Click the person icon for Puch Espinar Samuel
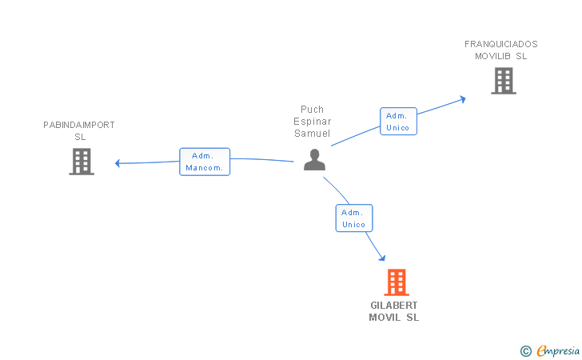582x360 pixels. pos(315,160)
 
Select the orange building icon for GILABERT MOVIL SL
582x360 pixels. pos(397,282)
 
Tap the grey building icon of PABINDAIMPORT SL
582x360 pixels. pos(82,162)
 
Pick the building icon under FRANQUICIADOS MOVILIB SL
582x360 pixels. pos(503,81)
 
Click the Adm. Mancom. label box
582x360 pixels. pos(205,162)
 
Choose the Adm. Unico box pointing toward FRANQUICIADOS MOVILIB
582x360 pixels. pos(397,122)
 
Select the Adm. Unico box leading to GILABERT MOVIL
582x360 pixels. pos(353,218)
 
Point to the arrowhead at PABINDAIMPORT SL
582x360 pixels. pos(118,163)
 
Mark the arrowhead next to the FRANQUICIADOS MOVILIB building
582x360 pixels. pos(462,99)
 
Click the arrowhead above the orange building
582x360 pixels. pos(382,258)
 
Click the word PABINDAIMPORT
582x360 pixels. pos(79,125)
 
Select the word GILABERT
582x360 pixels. pos(394,306)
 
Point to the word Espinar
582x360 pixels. pos(312,122)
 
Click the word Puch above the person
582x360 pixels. pos(312,110)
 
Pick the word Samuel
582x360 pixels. pos(312,134)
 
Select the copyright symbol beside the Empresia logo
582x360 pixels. pos(525,350)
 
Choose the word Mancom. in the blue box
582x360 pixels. pos(205,168)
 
